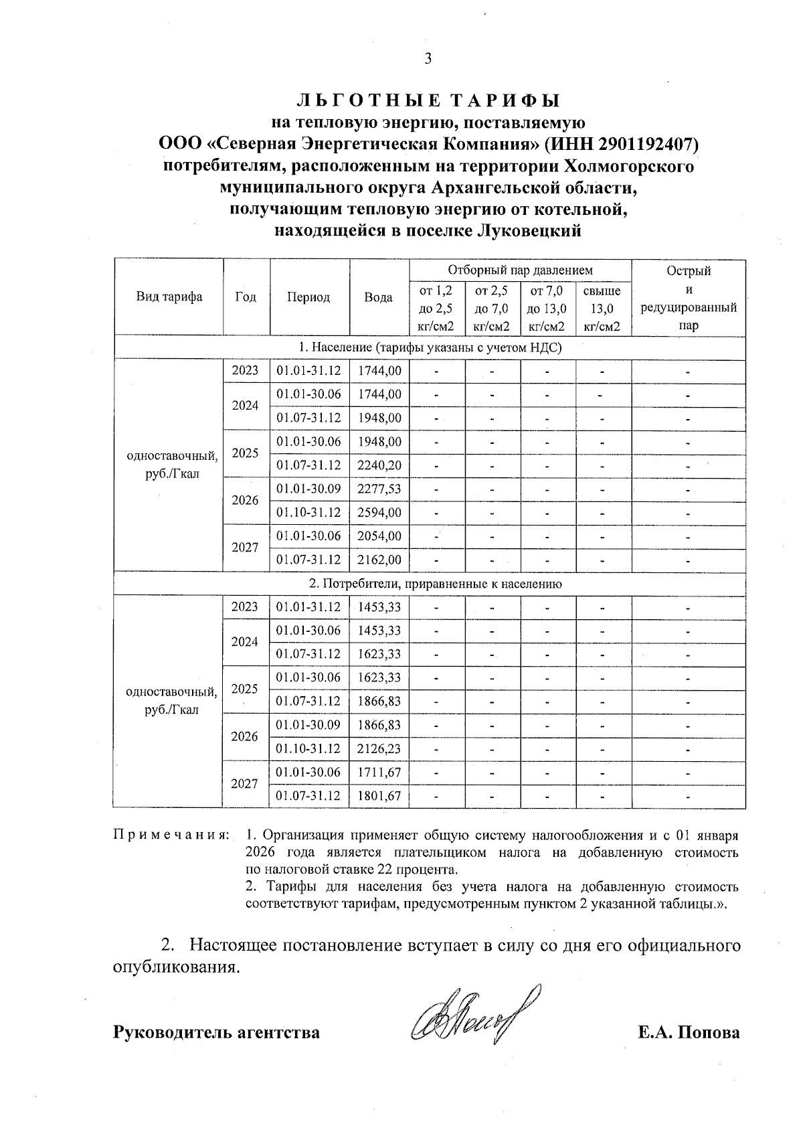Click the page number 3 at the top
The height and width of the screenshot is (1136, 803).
click(428, 59)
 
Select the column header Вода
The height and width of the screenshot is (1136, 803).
click(378, 297)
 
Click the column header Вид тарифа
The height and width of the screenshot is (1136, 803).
click(169, 297)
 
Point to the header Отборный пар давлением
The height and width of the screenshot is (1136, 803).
click(520, 270)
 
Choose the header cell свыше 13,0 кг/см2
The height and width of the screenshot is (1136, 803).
click(602, 309)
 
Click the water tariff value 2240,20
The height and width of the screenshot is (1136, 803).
click(379, 465)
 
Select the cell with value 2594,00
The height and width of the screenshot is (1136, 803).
click(379, 513)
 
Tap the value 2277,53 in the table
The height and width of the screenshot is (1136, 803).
click(379, 489)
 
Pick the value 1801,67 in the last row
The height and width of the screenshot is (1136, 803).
click(379, 796)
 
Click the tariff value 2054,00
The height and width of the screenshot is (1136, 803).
click(379, 536)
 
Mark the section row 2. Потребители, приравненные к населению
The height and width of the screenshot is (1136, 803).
click(435, 584)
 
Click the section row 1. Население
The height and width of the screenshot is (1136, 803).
click(429, 347)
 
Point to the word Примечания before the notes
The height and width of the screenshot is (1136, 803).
click(171, 836)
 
